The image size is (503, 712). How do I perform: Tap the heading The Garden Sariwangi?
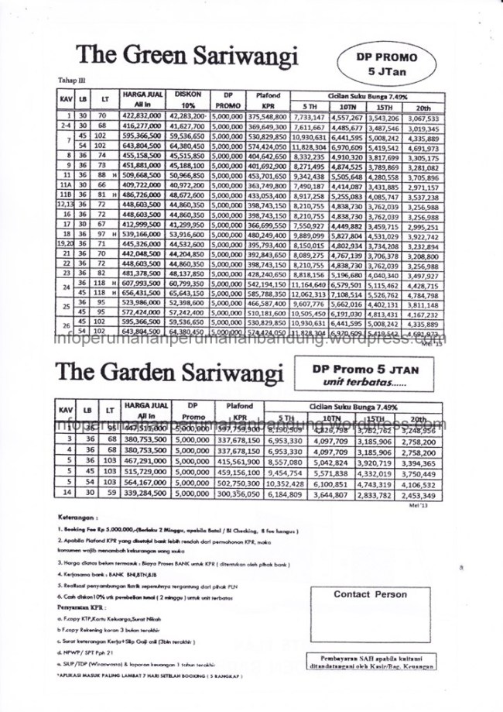coord(169,372)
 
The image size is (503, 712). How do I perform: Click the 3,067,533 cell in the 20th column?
coord(423,115)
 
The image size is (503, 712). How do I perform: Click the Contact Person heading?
coord(370,595)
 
